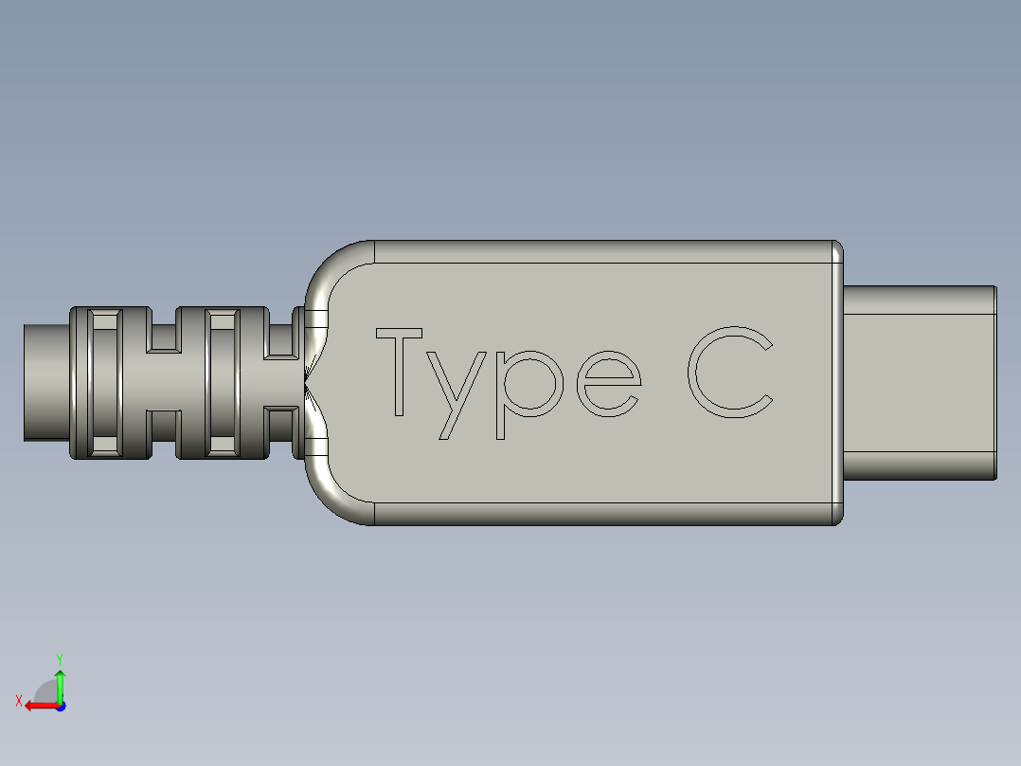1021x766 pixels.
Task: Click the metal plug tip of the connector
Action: click(x=919, y=382)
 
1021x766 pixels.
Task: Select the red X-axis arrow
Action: click(x=38, y=705)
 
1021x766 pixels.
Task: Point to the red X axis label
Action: click(x=19, y=701)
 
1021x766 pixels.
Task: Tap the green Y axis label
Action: click(x=59, y=657)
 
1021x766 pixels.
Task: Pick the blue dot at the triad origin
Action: click(x=60, y=705)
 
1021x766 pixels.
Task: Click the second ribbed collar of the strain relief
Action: click(x=223, y=382)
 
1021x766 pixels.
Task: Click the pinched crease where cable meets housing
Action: click(x=308, y=383)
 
